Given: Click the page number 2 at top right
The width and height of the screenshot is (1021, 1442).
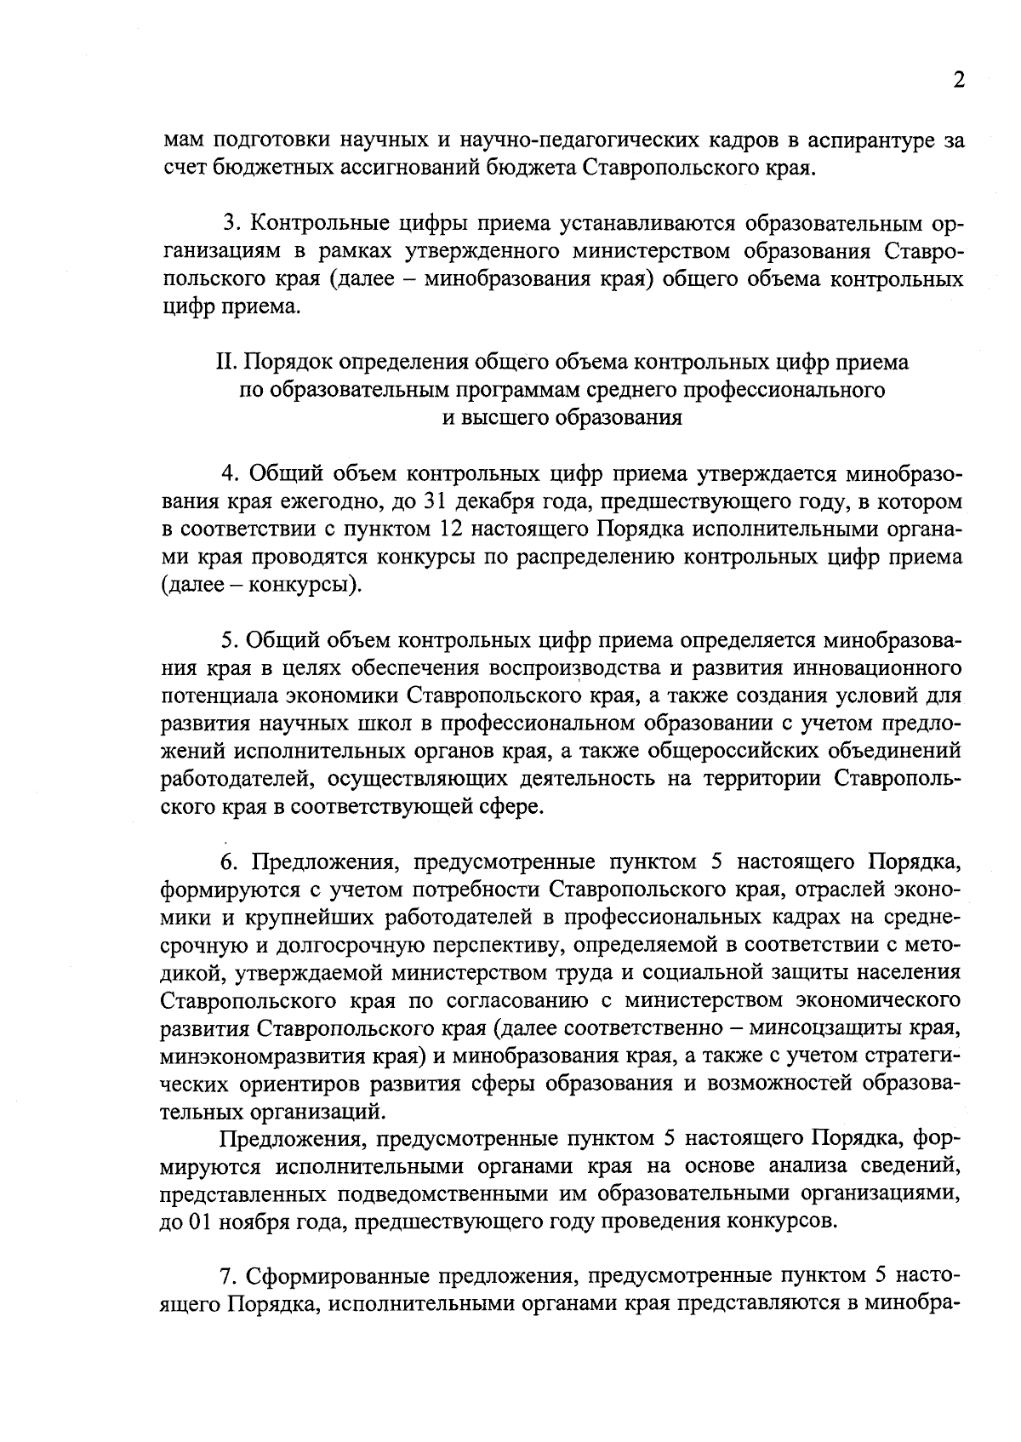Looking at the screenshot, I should [959, 80].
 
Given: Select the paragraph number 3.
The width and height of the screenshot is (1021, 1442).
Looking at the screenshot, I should [228, 224].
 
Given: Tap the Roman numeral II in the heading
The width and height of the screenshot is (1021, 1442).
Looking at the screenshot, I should [225, 363].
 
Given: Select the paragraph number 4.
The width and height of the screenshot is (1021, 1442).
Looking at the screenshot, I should [227, 473].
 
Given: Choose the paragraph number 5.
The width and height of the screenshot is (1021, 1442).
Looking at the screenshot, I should [226, 640].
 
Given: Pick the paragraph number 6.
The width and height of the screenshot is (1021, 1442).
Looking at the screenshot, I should [227, 862].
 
